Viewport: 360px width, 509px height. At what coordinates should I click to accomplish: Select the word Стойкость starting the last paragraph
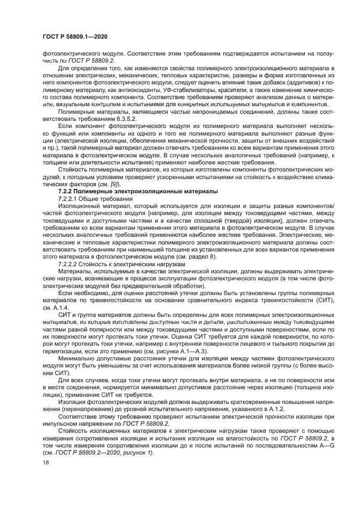coord(74,430)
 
